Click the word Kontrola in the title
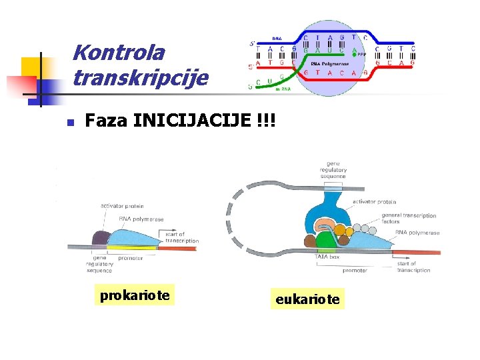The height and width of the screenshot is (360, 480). [x=119, y=53]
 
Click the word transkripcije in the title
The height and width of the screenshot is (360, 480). [x=141, y=78]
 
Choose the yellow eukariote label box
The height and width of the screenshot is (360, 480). [x=307, y=299]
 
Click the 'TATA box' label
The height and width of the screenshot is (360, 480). [x=327, y=257]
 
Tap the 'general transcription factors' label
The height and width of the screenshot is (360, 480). [x=409, y=219]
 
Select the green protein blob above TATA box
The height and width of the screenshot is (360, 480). [x=325, y=239]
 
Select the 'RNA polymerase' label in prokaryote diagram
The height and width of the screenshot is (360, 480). [x=141, y=219]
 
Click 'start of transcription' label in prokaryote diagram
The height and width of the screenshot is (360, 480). [x=181, y=237]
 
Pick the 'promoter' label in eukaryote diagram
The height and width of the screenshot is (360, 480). [x=355, y=271]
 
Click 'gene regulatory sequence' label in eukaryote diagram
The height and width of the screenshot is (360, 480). [x=333, y=170]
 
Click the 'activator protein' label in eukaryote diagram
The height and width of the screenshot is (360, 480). [x=374, y=201]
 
